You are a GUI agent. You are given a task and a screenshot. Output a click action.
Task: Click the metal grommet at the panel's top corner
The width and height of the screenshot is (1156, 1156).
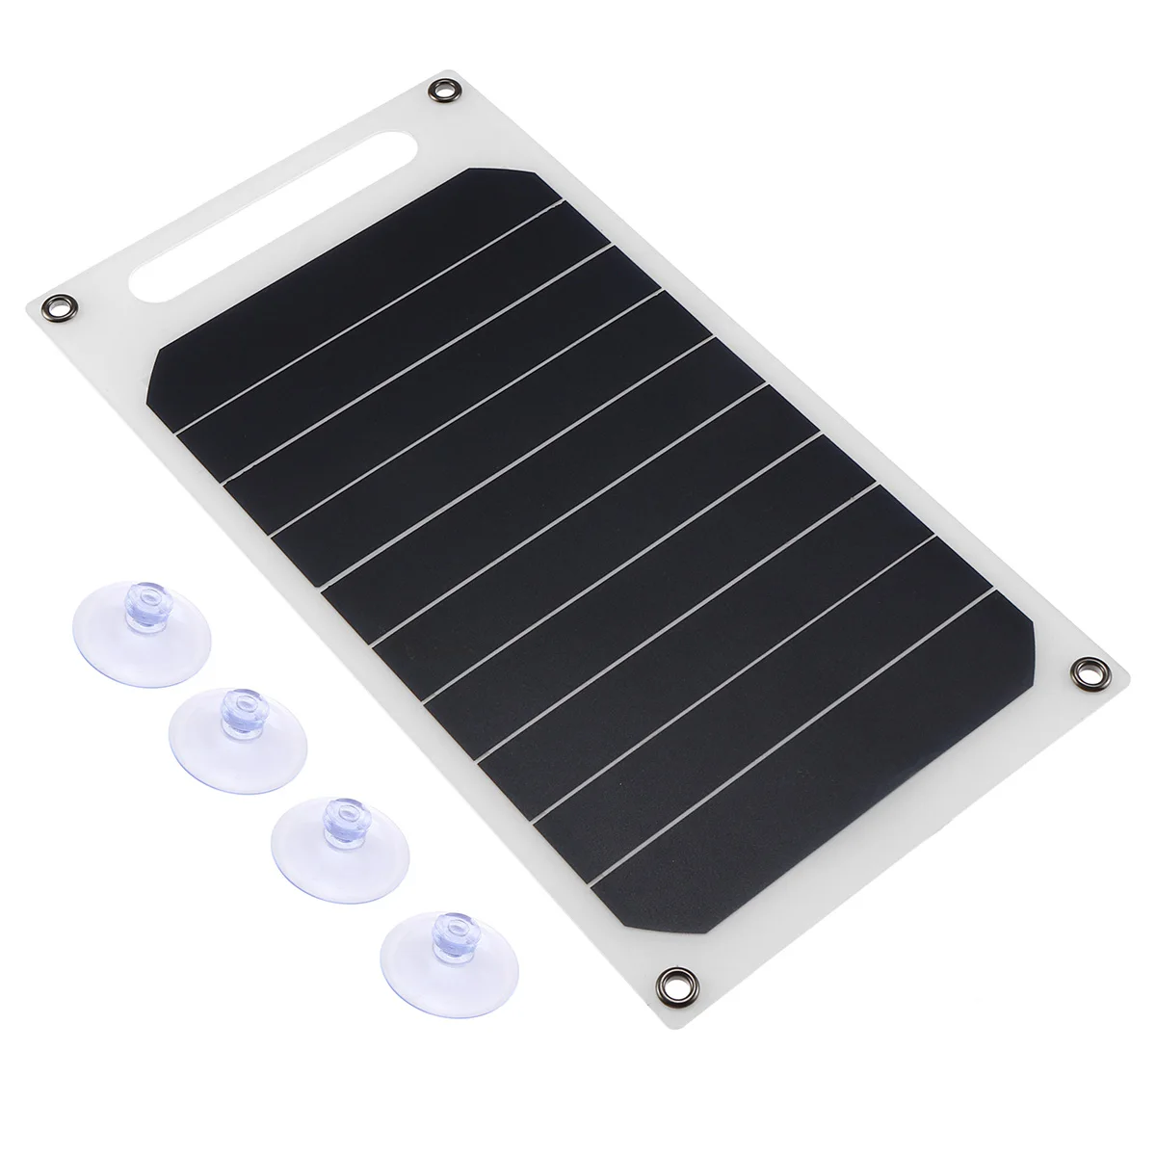point(445,92)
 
